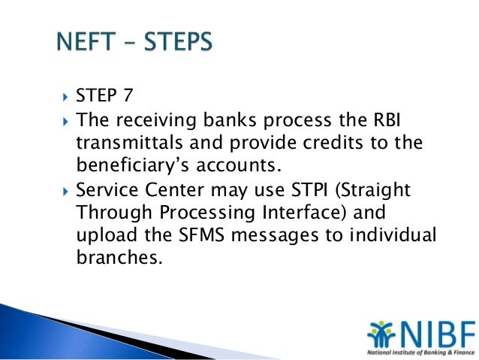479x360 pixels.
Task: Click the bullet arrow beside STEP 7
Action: (x=63, y=98)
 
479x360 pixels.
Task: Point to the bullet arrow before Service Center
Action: (x=63, y=191)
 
